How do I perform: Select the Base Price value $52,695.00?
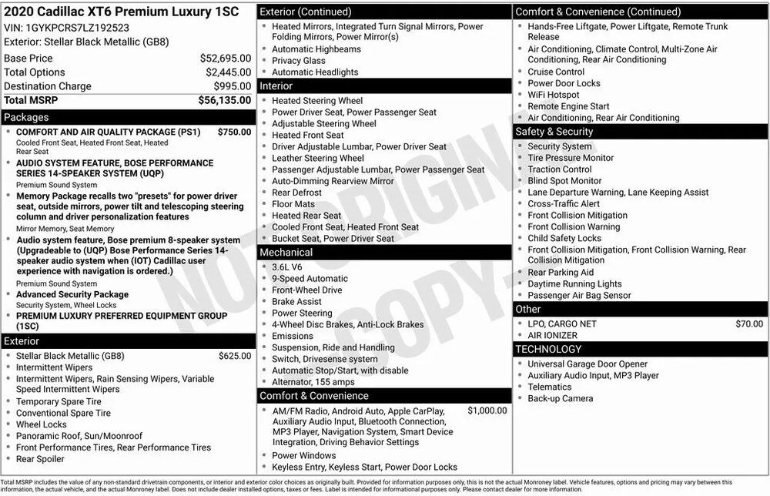[225, 59]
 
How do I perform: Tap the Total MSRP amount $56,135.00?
[225, 100]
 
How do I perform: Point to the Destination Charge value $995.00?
[233, 86]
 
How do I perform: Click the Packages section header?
[26, 118]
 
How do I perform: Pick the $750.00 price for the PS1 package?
[234, 132]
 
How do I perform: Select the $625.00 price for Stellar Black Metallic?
[234, 356]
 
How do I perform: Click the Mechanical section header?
[286, 253]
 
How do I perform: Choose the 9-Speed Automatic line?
[310, 279]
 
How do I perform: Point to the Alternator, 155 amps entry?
[312, 382]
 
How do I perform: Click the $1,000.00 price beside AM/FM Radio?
[487, 411]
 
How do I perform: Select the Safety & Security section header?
[554, 132]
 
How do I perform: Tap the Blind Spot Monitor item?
[564, 181]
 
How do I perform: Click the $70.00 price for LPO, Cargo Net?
[749, 324]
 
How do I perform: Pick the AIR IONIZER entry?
[554, 336]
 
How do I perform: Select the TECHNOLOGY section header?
[549, 350]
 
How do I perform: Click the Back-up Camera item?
[560, 399]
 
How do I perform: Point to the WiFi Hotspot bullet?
[553, 95]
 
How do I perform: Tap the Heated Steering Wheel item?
[317, 101]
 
